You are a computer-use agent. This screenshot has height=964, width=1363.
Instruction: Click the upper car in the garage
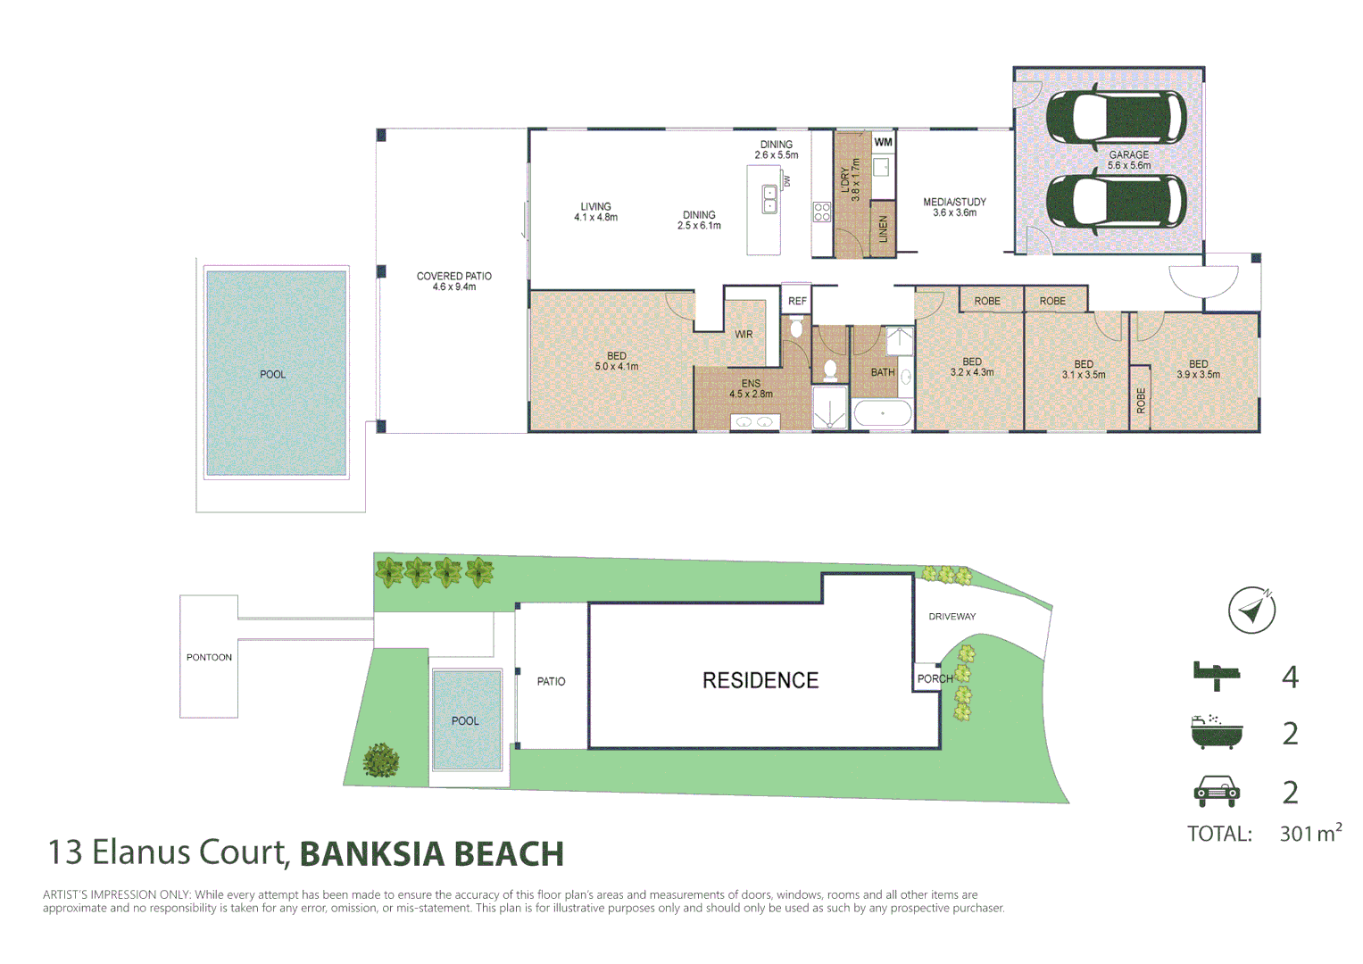click(1116, 117)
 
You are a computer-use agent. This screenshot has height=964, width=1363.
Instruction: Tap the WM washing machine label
click(883, 142)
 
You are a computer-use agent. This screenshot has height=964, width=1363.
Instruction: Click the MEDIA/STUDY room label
click(954, 207)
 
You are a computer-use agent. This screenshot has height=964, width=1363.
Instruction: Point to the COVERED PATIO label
click(453, 281)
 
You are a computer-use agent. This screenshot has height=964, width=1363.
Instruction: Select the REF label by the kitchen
click(797, 301)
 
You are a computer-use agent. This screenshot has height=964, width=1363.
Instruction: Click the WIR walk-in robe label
click(744, 335)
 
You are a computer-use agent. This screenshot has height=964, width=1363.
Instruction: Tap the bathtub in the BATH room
click(883, 414)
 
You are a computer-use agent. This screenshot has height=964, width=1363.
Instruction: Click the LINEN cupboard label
click(883, 229)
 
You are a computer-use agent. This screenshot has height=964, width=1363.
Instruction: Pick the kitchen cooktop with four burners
click(822, 212)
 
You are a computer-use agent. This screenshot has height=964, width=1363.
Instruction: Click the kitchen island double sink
click(769, 200)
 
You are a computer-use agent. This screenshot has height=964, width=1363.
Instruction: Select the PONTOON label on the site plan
click(209, 658)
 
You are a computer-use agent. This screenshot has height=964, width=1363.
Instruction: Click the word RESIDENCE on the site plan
click(760, 681)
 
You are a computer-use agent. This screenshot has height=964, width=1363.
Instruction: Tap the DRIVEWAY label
click(952, 617)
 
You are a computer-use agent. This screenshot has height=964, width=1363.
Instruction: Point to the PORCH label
click(935, 678)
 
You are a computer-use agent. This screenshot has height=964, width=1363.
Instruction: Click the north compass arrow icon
click(1251, 611)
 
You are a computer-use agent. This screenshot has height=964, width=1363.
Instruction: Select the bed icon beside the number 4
click(1217, 675)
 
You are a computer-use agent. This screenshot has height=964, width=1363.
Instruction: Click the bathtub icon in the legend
click(1216, 733)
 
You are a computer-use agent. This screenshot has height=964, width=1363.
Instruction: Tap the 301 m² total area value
click(1309, 833)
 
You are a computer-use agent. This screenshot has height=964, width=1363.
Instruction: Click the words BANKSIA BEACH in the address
click(431, 854)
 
